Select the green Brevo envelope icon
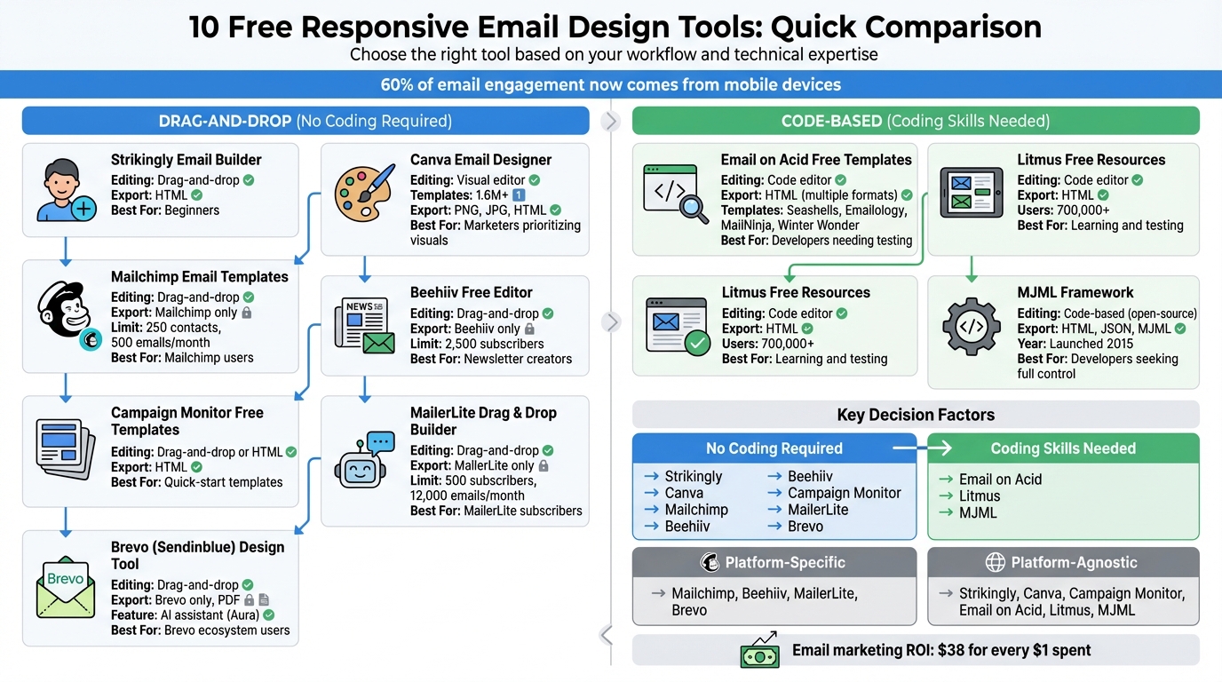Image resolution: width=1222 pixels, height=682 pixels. pyautogui.click(x=66, y=587)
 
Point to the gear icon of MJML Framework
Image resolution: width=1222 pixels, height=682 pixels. pyautogui.click(x=972, y=327)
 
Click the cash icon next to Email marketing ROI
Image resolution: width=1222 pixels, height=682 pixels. pyautogui.click(x=759, y=651)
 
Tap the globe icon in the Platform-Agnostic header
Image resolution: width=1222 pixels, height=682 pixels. pyautogui.click(x=995, y=563)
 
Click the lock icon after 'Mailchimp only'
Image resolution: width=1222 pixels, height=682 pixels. pyautogui.click(x=246, y=313)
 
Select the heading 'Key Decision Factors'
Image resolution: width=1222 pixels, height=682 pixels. pyautogui.click(x=915, y=415)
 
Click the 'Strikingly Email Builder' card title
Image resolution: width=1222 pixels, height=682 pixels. pyautogui.click(x=186, y=160)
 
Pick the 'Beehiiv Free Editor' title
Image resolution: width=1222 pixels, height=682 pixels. pyautogui.click(x=471, y=292)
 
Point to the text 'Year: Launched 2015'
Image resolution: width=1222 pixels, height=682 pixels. pyautogui.click(x=1075, y=344)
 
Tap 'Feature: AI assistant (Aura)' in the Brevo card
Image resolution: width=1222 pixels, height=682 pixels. pyautogui.click(x=186, y=615)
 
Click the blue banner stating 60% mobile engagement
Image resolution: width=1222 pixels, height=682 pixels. pyautogui.click(x=611, y=85)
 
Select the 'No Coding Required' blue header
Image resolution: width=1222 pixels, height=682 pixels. pyautogui.click(x=774, y=448)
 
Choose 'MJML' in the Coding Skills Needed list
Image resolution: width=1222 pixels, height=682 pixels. pyautogui.click(x=978, y=512)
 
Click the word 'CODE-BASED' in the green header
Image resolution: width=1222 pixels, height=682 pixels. pyautogui.click(x=831, y=121)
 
